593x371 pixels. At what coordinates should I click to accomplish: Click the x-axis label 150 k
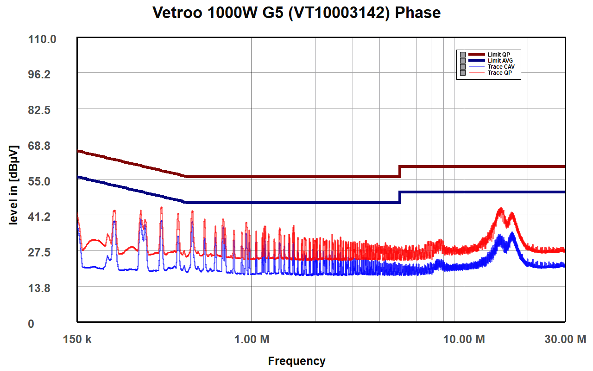point(77,339)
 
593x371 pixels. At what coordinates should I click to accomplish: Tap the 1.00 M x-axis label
point(252,339)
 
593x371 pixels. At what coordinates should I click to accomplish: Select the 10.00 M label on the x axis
point(464,339)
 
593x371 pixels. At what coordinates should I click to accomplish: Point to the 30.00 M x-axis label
point(565,339)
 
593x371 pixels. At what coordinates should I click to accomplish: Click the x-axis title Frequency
point(296,361)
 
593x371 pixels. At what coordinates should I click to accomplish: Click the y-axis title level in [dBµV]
point(14,185)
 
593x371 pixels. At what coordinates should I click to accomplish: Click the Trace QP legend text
point(499,73)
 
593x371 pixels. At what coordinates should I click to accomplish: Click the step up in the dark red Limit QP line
point(400,171)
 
